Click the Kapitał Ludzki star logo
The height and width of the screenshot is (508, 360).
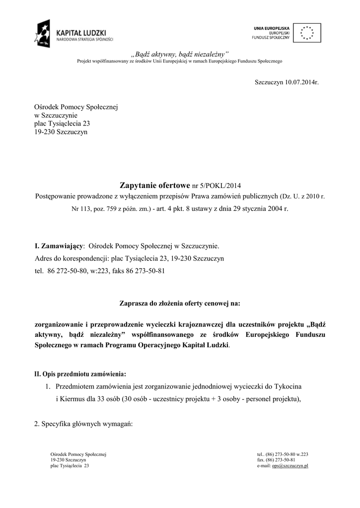(x=42, y=33)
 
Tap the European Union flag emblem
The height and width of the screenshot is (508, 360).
(x=307, y=33)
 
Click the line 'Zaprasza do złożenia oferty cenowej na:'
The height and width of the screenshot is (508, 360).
(x=179, y=303)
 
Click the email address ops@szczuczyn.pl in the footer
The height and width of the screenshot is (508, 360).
(x=290, y=466)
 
